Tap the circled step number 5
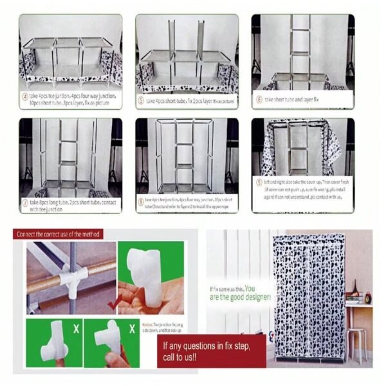pos(141,100)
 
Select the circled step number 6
pos(259,100)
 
